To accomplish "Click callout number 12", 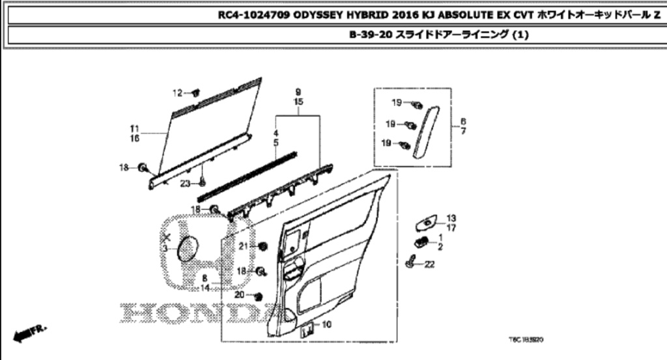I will (176, 93).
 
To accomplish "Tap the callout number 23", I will (186, 184).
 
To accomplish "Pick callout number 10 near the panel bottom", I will (326, 324).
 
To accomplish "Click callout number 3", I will (165, 249).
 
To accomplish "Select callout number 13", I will (451, 217).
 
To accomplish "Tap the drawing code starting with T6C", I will (526, 339).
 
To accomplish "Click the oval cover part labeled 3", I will (188, 249).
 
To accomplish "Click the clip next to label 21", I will (263, 247).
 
